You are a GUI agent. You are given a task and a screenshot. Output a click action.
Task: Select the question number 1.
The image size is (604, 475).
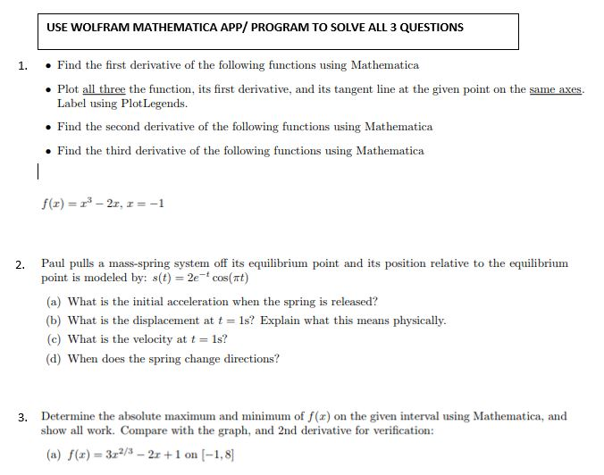pyautogui.click(x=22, y=65)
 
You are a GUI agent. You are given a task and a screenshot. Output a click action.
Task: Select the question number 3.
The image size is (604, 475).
pyautogui.click(x=21, y=417)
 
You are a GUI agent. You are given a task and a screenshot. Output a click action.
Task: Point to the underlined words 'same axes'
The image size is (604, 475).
pyautogui.click(x=556, y=90)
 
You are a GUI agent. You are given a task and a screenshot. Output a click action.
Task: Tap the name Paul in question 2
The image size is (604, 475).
pyautogui.click(x=54, y=263)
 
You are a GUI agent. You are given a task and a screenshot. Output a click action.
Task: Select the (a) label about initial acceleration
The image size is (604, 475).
pyautogui.click(x=54, y=301)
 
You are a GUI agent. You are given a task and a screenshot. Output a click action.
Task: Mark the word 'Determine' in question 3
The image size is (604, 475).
pyautogui.click(x=68, y=416)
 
